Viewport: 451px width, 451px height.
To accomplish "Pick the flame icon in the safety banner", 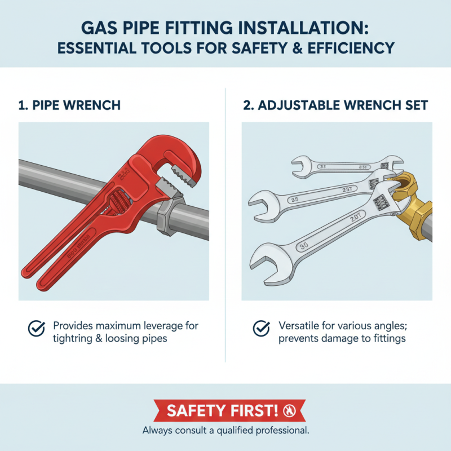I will click(x=290, y=410).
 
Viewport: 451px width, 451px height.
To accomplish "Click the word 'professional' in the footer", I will click(x=279, y=431).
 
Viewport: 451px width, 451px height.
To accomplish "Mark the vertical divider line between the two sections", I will click(x=225, y=225).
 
